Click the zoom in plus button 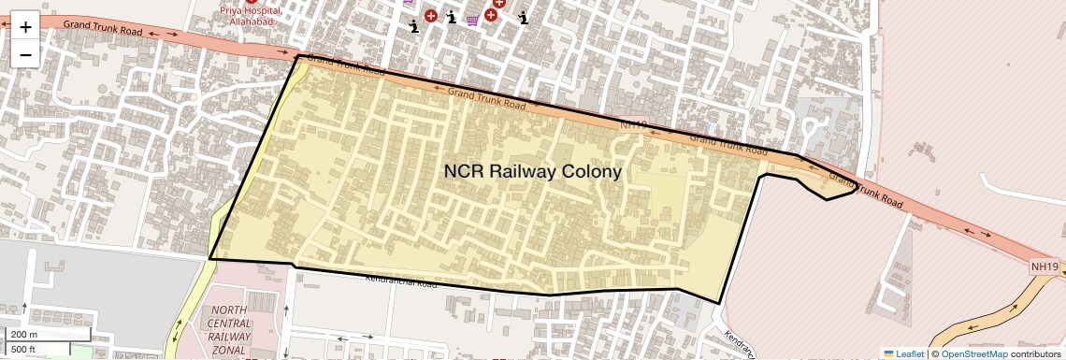(25, 27)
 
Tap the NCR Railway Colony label (532, 172)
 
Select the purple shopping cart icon (473, 19)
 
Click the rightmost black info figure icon (524, 17)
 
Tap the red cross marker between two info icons (431, 16)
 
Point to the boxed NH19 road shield (1044, 266)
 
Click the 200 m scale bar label (24, 335)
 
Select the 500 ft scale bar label (24, 349)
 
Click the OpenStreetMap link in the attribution (973, 353)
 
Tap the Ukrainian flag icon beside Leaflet (889, 353)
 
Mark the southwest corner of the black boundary (209, 259)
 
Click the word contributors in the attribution (1035, 353)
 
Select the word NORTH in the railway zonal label (230, 310)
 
